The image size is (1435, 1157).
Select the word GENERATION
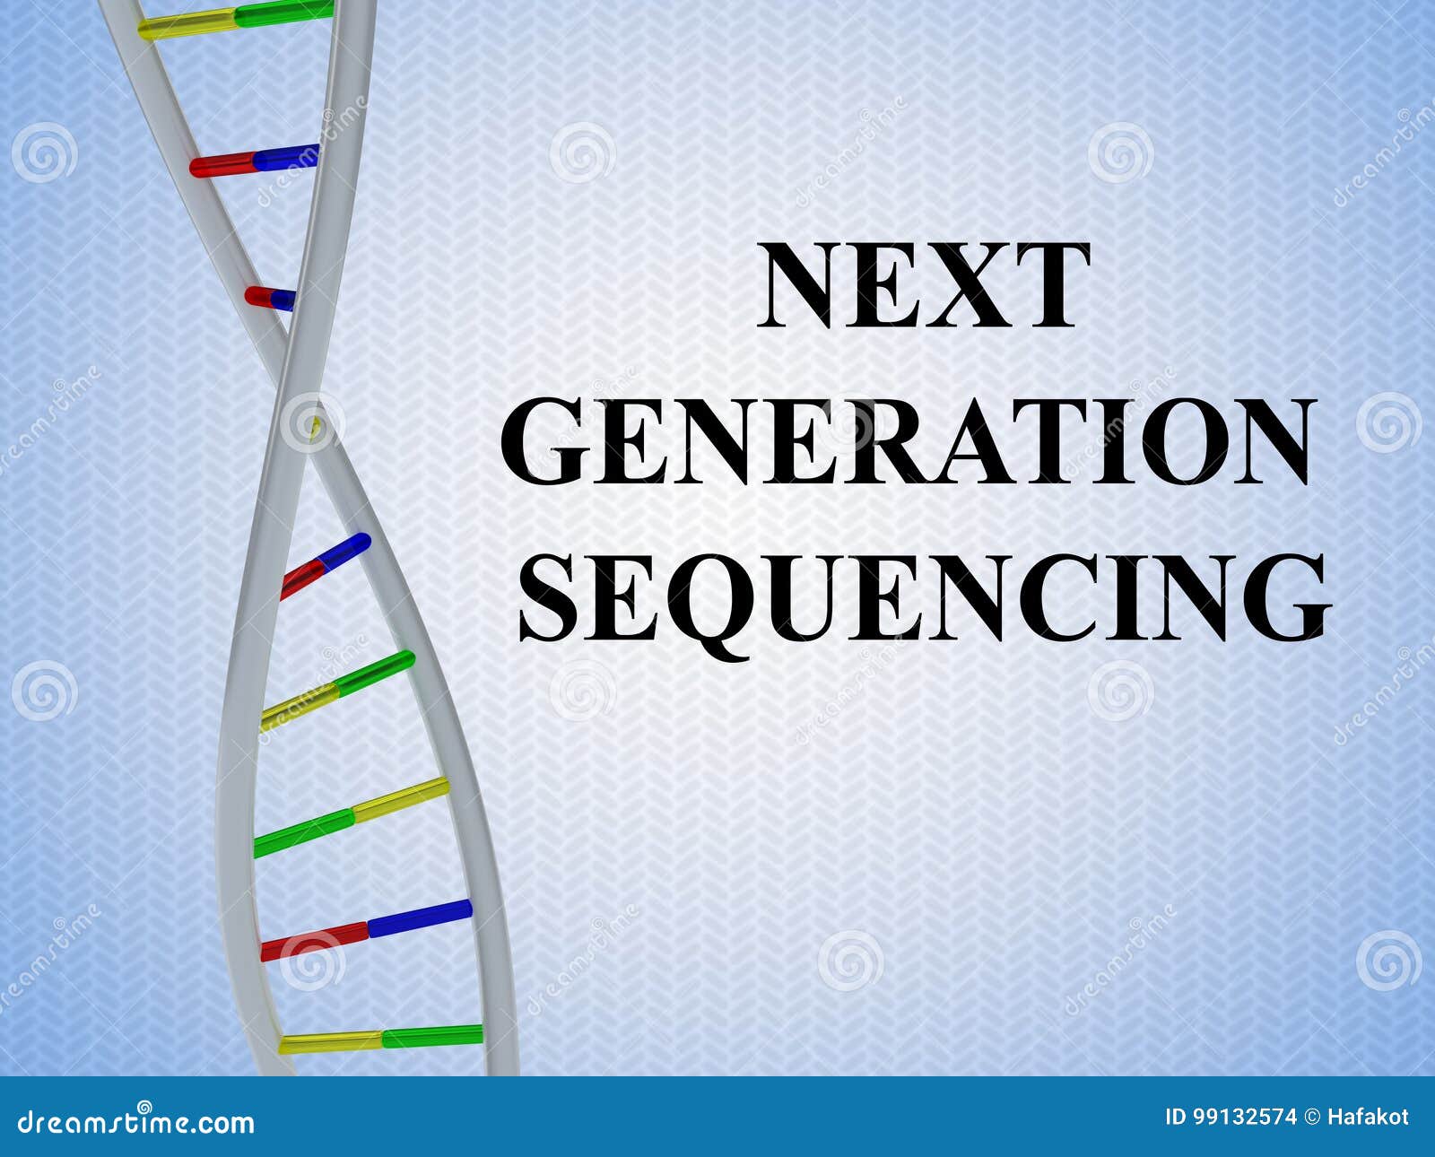click(908, 441)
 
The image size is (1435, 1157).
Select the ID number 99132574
click(1244, 1118)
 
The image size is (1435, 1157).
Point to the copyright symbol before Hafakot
click(1312, 1118)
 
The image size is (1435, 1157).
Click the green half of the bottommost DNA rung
click(432, 1036)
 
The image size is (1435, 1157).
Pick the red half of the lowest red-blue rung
click(314, 939)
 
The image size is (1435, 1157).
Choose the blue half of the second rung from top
click(285, 158)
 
